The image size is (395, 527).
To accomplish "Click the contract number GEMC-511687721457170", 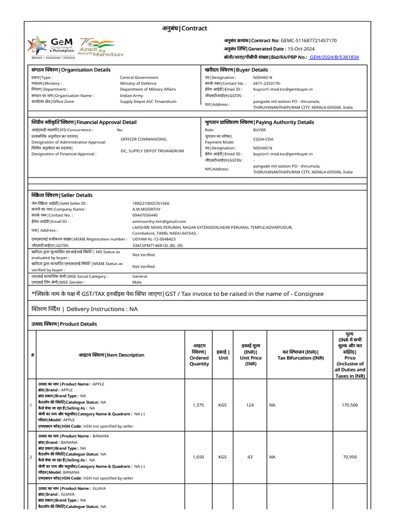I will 309,40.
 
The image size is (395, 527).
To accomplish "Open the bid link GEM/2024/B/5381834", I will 334,57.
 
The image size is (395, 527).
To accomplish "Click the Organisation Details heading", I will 71,69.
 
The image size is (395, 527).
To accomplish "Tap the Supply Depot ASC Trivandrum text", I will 148,101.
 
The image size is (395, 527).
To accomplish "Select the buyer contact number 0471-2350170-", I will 267,83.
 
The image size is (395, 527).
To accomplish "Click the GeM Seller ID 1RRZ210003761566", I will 151,203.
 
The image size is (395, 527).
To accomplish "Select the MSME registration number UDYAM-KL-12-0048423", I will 154,239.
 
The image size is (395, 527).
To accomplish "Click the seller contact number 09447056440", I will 145,215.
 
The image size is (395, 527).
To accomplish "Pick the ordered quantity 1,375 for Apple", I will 199,405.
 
